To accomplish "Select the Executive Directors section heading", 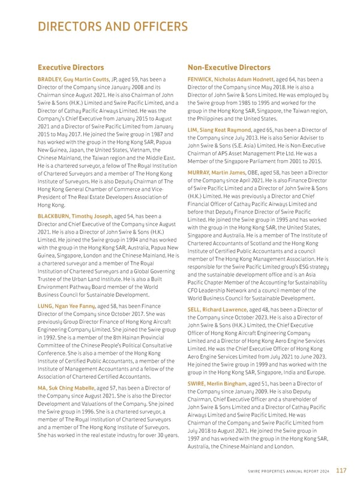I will tap(71, 68).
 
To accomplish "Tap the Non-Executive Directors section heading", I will tap(229, 68).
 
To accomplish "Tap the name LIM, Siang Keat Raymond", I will tap(220, 129).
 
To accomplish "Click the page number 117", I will tap(341, 471).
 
